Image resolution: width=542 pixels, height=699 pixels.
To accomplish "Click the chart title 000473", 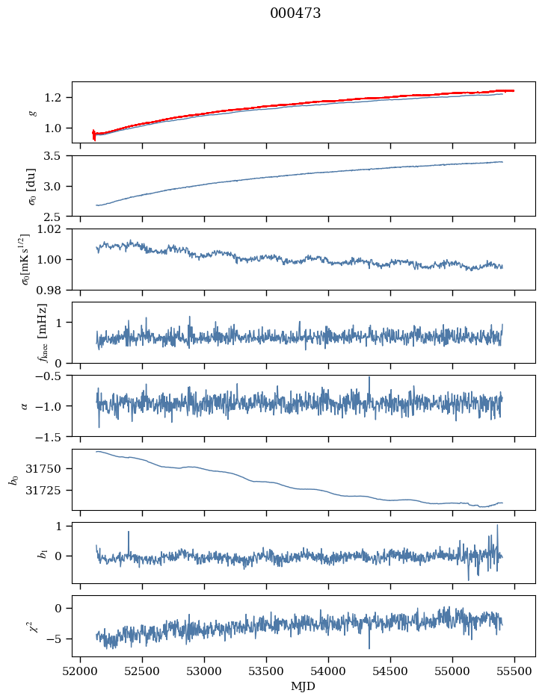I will point(295,13).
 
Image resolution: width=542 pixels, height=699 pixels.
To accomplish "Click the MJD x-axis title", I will point(304,686).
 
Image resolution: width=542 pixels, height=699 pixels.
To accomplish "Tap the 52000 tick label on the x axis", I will point(81,671).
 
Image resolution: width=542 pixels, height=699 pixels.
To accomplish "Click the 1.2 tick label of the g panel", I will point(57,98).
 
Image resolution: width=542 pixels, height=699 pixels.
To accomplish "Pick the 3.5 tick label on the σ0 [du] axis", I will point(57,156).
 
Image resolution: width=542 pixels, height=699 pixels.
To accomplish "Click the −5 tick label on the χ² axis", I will point(55,639).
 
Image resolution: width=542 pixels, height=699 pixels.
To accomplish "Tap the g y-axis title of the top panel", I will point(32,112).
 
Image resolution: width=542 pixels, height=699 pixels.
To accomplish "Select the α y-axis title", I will point(24,406).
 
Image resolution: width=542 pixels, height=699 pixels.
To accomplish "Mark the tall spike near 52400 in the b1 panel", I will point(129,532).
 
